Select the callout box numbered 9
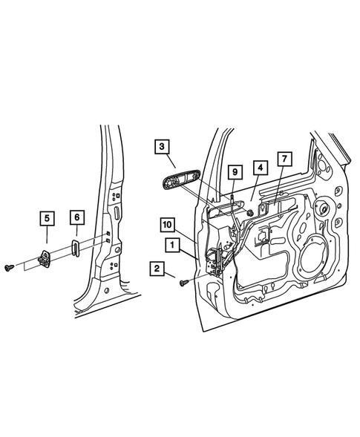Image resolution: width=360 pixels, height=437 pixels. click(x=234, y=172)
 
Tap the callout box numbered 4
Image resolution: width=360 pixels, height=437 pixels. click(x=258, y=168)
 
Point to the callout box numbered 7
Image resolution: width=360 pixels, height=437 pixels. click(x=284, y=159)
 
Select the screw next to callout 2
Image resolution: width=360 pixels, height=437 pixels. click(x=183, y=280)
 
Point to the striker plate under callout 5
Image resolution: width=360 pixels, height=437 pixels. click(x=45, y=259)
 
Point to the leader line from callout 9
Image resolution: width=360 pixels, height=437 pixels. click(x=234, y=189)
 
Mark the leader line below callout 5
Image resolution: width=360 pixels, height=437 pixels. click(x=47, y=239)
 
